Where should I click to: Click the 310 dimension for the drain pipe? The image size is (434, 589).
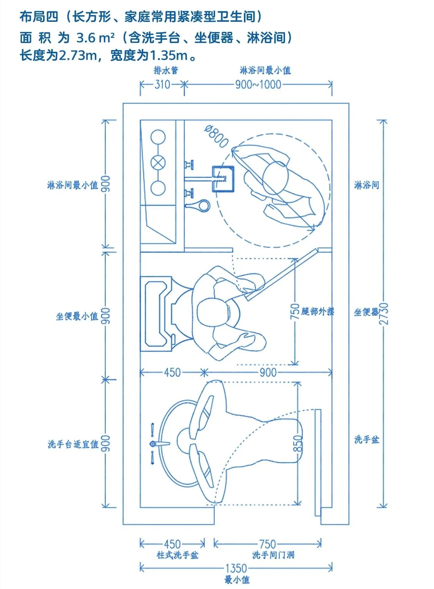(x=162, y=84)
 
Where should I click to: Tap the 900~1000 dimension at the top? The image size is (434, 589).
(x=258, y=84)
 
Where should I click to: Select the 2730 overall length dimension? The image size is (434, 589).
(x=384, y=313)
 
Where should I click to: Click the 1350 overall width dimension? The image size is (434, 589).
(x=236, y=568)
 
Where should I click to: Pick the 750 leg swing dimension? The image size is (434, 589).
(x=295, y=311)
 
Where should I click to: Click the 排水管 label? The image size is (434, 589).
(x=166, y=70)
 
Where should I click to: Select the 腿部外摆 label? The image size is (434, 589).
(x=318, y=311)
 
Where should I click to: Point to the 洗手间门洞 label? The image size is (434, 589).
(x=273, y=555)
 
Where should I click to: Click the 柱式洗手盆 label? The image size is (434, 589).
(x=178, y=555)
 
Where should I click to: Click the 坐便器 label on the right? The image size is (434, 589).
(x=366, y=312)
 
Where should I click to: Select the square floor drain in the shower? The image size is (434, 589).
(x=223, y=179)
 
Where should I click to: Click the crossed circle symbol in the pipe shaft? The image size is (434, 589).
(x=158, y=163)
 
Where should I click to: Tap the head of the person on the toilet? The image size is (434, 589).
(x=213, y=312)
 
